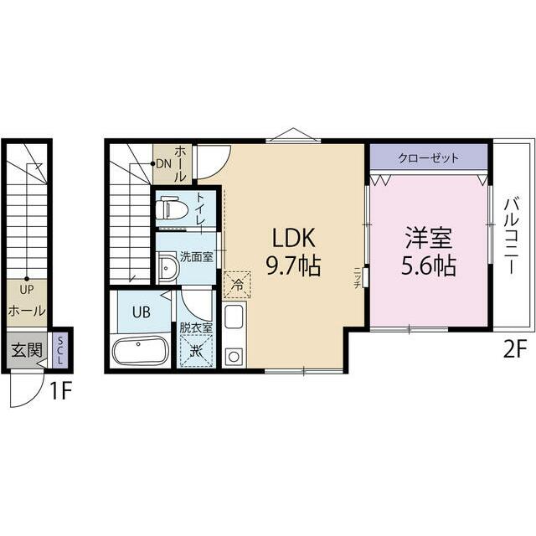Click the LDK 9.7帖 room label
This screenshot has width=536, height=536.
[x=293, y=252]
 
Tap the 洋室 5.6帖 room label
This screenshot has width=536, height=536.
[x=428, y=252]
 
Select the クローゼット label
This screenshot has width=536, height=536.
[x=429, y=158]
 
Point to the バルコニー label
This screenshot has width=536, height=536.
[x=512, y=236]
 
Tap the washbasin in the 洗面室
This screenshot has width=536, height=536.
[x=167, y=268]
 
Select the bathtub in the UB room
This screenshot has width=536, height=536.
[x=140, y=351]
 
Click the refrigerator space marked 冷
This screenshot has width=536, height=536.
[x=237, y=285]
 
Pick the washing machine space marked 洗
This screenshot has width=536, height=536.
[x=196, y=351]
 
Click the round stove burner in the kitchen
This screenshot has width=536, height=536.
[x=234, y=357]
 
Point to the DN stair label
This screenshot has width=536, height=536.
[x=163, y=164]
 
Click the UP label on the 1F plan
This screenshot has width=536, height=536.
[x=27, y=291]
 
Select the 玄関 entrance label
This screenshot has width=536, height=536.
[x=27, y=350]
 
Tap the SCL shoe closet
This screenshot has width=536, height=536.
[x=60, y=350]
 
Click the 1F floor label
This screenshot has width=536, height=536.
[x=60, y=391]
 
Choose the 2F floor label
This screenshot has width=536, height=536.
[x=513, y=349]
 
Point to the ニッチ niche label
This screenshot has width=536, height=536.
[x=357, y=277]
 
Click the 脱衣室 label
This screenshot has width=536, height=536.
[x=196, y=327]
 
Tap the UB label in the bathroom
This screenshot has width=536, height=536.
[x=142, y=312]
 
